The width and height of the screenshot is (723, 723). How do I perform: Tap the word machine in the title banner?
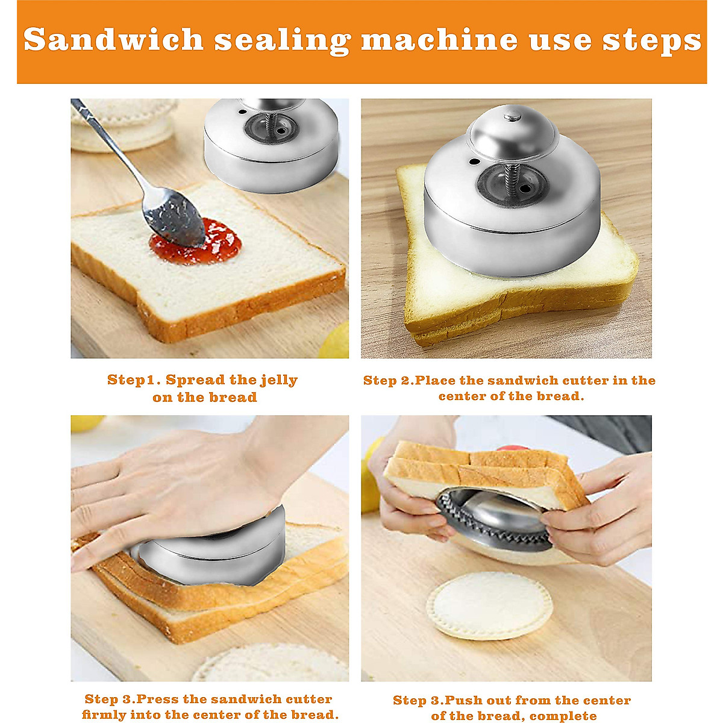[x=439, y=40]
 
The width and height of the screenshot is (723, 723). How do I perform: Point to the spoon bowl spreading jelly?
[x=172, y=218]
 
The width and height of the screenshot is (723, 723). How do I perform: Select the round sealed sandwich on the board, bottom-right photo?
[x=489, y=606]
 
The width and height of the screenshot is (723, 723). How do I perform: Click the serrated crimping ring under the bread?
[x=494, y=524]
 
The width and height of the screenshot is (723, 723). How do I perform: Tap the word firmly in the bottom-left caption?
[x=103, y=715]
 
